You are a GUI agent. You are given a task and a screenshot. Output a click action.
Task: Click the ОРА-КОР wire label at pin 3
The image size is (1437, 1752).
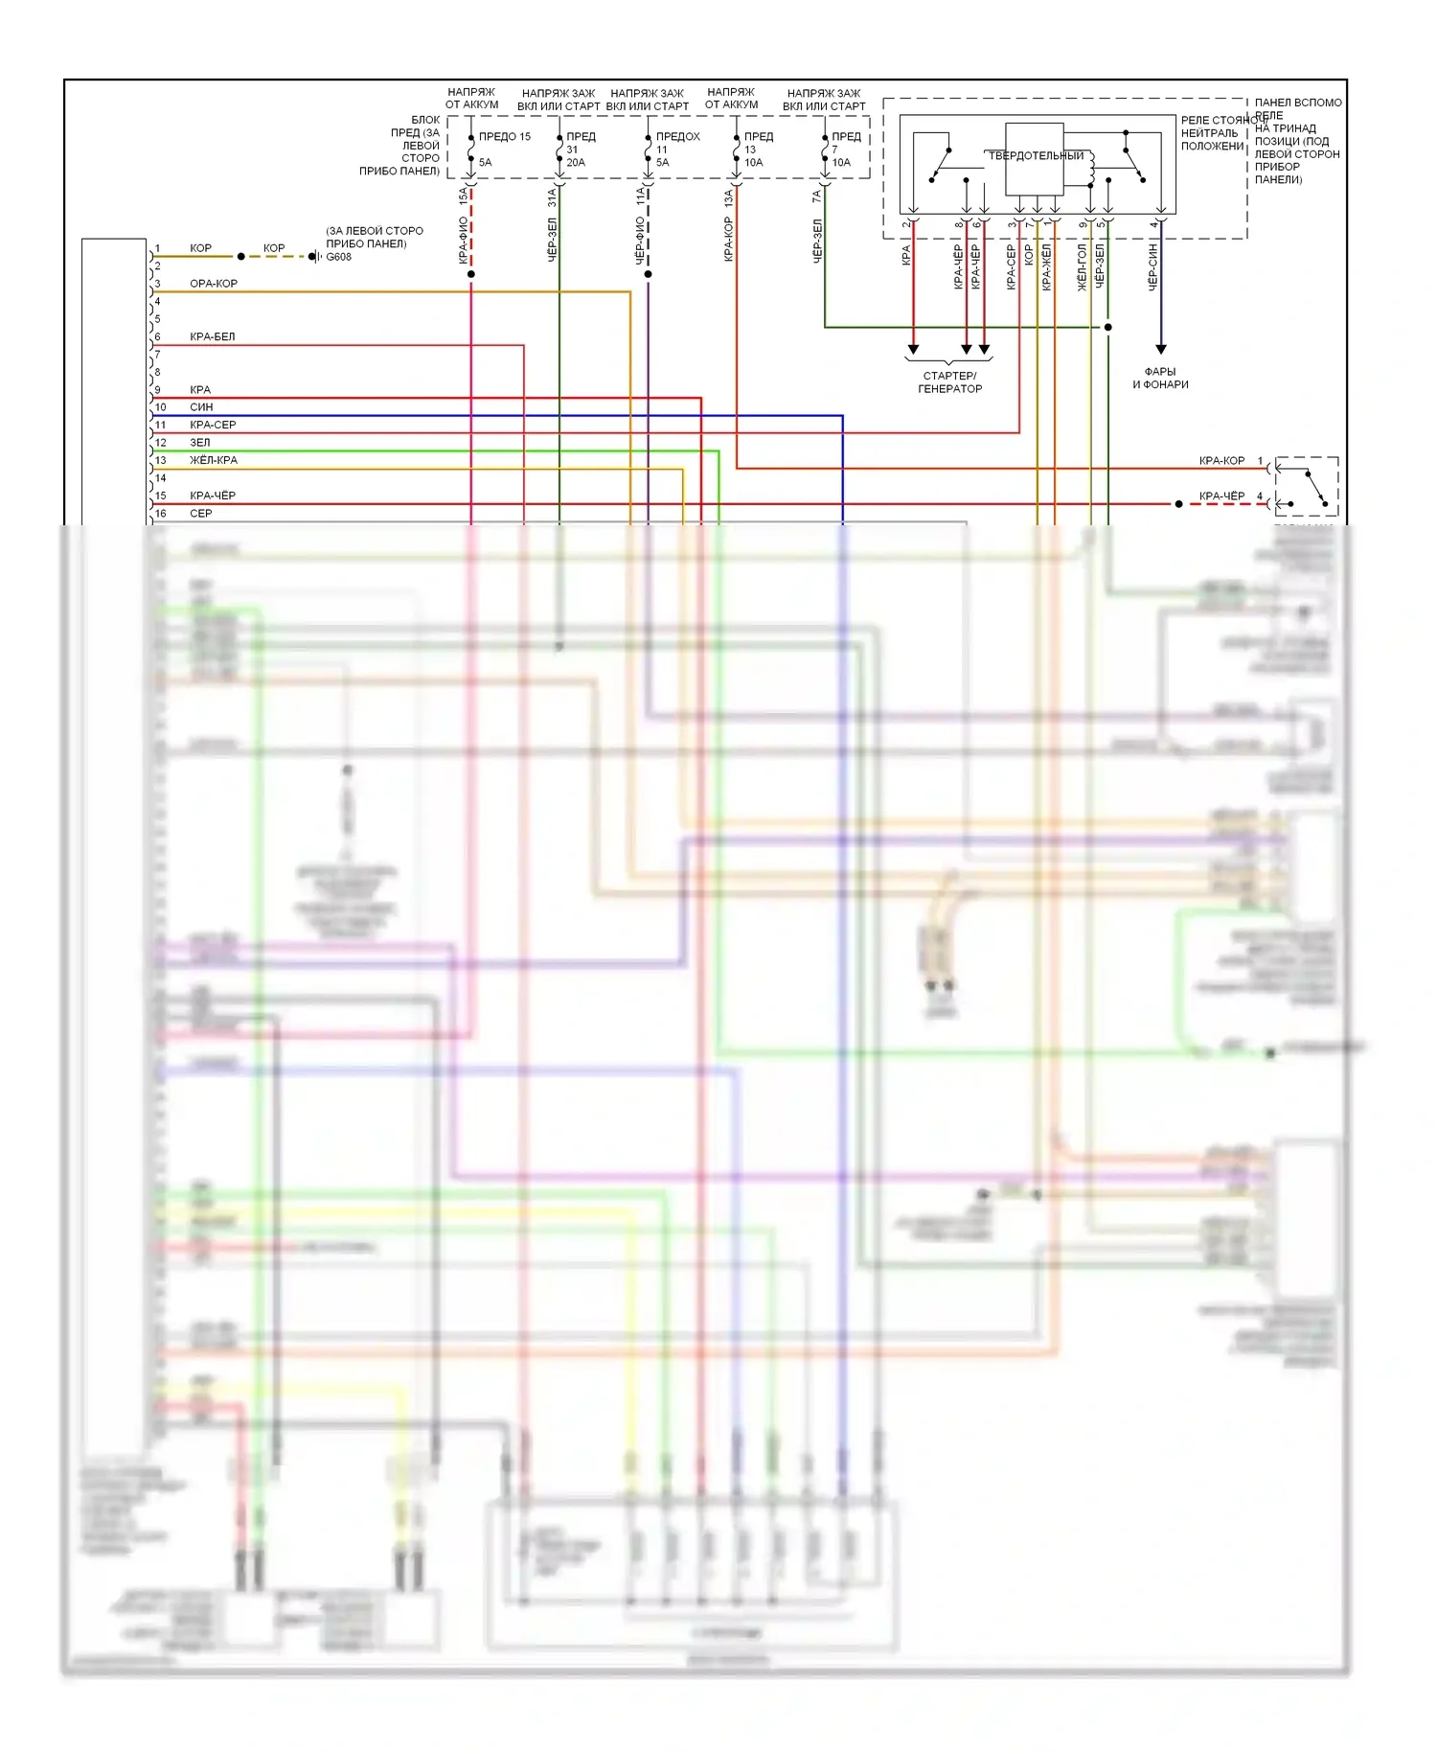point(213,284)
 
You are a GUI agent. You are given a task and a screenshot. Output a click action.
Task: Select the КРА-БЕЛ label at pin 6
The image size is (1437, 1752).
point(212,336)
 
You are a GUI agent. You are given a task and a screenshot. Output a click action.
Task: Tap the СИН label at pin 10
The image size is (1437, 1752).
point(201,407)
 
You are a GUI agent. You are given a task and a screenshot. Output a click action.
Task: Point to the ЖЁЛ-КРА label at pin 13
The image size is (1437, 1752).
point(213,460)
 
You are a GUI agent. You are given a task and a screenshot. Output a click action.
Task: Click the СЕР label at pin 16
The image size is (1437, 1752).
point(200,514)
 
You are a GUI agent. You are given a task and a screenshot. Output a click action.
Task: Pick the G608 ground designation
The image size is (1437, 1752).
point(338,257)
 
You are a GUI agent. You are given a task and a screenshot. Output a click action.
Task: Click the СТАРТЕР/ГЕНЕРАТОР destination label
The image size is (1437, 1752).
point(949,382)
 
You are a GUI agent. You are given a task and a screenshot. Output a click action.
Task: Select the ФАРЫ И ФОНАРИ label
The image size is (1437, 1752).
point(1160,379)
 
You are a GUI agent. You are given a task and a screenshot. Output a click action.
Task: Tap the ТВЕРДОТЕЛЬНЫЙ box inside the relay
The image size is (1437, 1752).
point(1035,156)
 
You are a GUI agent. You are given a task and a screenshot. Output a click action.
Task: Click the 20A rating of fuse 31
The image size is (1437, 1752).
point(575,163)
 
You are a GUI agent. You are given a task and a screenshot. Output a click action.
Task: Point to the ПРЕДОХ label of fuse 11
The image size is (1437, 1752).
point(677,137)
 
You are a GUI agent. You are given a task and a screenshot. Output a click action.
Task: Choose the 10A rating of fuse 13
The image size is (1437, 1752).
point(754,163)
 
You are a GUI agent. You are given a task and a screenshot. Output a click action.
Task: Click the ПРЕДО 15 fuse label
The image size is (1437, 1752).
point(504,137)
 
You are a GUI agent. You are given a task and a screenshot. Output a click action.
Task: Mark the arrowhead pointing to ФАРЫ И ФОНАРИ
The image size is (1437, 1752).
point(1160,350)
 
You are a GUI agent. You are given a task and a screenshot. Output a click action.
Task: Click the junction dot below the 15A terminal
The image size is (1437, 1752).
point(471,274)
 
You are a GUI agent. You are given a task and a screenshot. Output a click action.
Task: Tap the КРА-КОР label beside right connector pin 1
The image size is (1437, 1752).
point(1221,461)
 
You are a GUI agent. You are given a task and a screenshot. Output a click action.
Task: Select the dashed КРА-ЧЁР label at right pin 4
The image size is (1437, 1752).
point(1221,496)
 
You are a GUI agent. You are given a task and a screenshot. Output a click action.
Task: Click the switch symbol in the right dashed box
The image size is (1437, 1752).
point(1308,485)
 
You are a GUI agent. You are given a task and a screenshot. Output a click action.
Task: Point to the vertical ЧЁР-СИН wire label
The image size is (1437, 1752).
point(1152,266)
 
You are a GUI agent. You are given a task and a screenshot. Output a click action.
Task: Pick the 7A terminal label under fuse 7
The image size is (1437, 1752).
point(816,196)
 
